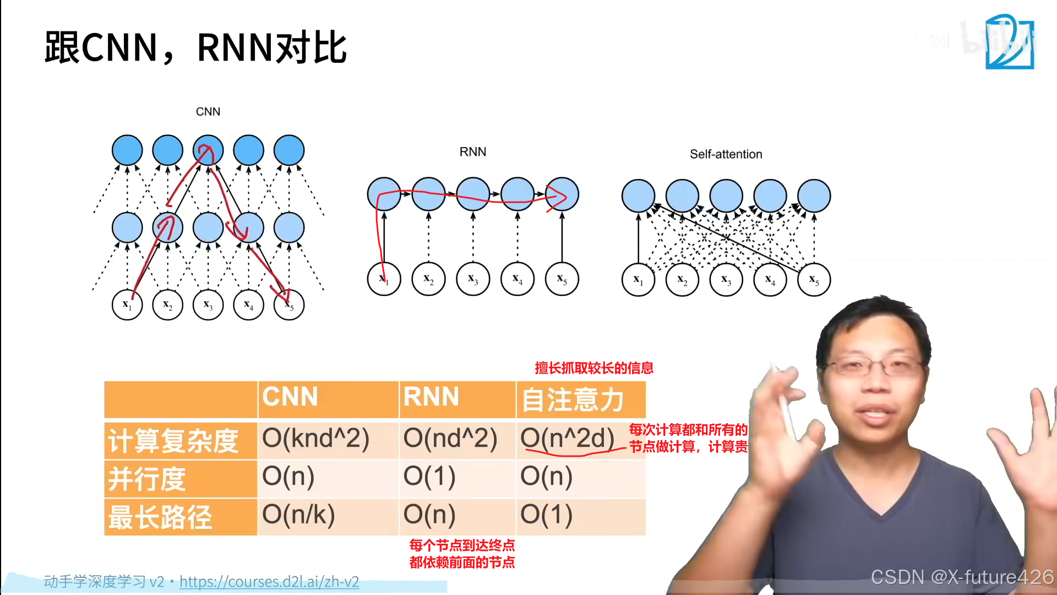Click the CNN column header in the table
tap(290, 397)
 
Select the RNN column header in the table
tap(431, 397)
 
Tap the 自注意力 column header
tap(573, 399)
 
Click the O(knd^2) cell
tap(315, 439)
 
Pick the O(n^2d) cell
tap(567, 439)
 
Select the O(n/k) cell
tap(298, 515)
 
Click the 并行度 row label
tap(147, 478)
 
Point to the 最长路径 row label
tap(160, 517)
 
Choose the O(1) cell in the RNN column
tap(429, 477)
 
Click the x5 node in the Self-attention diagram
tap(814, 280)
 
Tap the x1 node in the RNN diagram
tap(384, 279)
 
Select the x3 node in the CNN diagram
tap(208, 305)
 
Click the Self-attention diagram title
tap(726, 154)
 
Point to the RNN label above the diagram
tap(473, 152)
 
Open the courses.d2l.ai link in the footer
tap(269, 582)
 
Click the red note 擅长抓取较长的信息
tap(594, 368)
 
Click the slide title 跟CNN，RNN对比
tap(195, 48)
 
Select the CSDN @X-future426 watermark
tap(962, 577)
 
